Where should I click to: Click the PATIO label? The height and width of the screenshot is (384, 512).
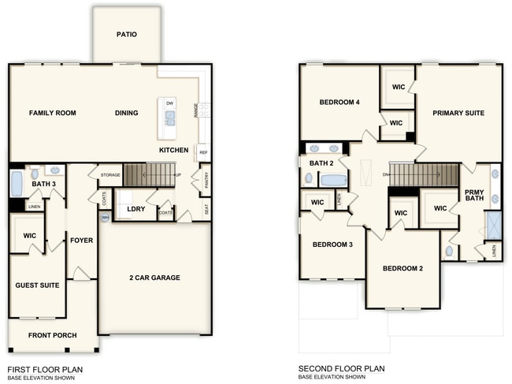click(127, 35)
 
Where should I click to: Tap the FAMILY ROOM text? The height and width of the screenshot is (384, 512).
click(52, 114)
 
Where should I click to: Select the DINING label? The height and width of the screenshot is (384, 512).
click(126, 114)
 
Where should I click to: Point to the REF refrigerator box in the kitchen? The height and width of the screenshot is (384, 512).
click(203, 152)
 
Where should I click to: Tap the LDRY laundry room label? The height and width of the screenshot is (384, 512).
click(126, 209)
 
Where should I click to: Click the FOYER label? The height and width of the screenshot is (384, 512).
click(81, 240)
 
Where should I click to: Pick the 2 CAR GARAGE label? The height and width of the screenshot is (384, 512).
click(154, 278)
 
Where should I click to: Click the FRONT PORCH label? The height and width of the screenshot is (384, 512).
click(53, 336)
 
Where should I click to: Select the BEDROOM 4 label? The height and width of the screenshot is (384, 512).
click(339, 103)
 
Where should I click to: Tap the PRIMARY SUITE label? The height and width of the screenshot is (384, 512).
click(458, 114)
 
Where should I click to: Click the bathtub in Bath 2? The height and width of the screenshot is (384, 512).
click(334, 180)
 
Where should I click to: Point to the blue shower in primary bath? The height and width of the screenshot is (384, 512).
click(493, 226)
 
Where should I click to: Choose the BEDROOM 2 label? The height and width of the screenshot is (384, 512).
click(403, 269)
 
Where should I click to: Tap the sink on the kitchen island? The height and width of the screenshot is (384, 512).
click(169, 119)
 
